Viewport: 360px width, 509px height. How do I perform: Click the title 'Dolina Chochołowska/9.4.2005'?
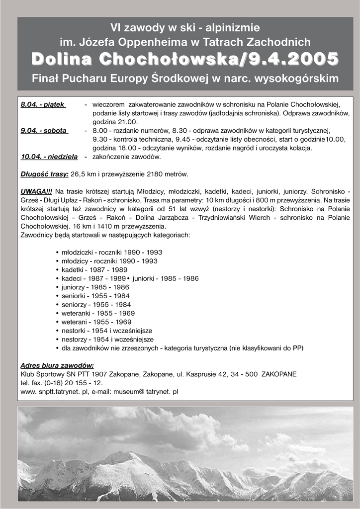click(185, 59)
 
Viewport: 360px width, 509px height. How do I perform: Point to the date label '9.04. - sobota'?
click(44, 131)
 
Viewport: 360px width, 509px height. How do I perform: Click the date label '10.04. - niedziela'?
click(49, 157)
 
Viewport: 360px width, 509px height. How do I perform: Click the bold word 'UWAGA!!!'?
click(36, 191)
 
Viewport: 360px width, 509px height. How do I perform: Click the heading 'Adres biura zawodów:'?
click(57, 365)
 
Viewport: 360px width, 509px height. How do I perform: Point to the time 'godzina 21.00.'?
click(115, 122)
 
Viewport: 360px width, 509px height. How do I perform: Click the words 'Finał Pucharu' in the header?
click(67, 79)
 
